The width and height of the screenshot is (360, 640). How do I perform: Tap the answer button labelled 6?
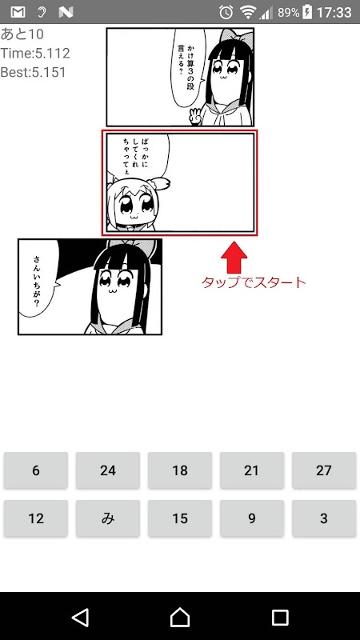pos(36,470)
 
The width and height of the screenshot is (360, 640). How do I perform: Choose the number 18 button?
pos(179,470)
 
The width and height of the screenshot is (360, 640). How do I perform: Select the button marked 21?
pos(252,470)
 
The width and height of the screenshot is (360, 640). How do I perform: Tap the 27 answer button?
pos(324,470)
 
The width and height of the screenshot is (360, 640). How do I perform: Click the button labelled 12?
pos(36,518)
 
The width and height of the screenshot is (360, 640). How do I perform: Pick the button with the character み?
pos(108,518)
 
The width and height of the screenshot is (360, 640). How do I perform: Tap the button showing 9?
pos(252,518)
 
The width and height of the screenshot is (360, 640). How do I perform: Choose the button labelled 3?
pos(324,518)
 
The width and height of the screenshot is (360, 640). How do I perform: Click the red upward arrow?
pos(234,258)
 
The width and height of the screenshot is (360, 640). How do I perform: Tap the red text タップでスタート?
pos(254,282)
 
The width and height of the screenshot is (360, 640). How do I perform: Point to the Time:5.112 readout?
pos(35,53)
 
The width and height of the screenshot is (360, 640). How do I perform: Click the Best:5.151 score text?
pos(33,72)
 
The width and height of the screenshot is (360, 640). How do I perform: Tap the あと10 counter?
pos(22,34)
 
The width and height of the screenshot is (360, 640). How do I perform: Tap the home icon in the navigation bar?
pos(180,617)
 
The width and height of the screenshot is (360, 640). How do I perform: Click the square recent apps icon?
pos(280,618)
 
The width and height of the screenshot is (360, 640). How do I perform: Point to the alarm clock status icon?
pos(226,12)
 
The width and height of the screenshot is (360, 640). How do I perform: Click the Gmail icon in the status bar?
pos(18,12)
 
